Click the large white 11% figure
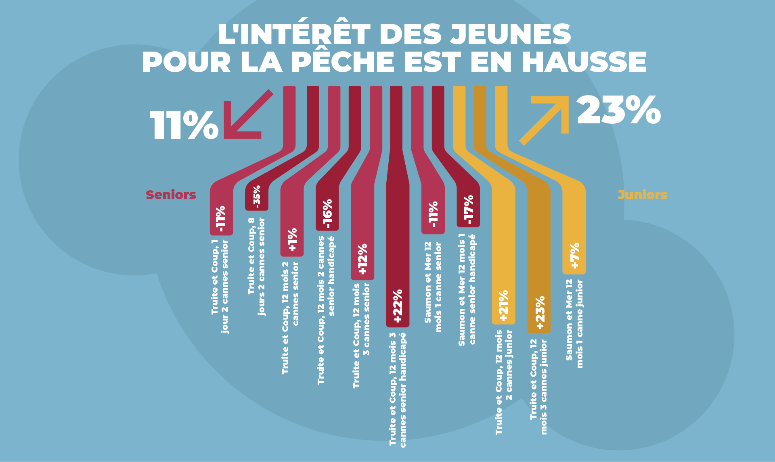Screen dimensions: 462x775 coord(184,125)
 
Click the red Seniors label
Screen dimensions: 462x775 coord(171,195)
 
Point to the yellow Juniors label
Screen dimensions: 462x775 coord(642,195)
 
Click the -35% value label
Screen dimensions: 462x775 coord(257,197)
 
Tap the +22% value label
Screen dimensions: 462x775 coord(398,306)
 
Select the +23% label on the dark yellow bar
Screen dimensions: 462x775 coord(540,312)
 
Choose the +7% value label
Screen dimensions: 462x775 coord(574,255)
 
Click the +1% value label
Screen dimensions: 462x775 coord(292,239)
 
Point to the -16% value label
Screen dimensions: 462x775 coord(327,214)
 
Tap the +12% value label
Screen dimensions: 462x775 coord(362,259)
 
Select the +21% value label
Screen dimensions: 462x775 coord(503,306)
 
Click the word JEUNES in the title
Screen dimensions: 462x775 coord(511,34)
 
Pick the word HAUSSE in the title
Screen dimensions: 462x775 coord(584,62)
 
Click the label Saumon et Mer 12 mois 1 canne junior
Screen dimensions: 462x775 coord(574,324)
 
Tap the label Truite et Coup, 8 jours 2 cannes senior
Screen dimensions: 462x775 coord(257,266)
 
